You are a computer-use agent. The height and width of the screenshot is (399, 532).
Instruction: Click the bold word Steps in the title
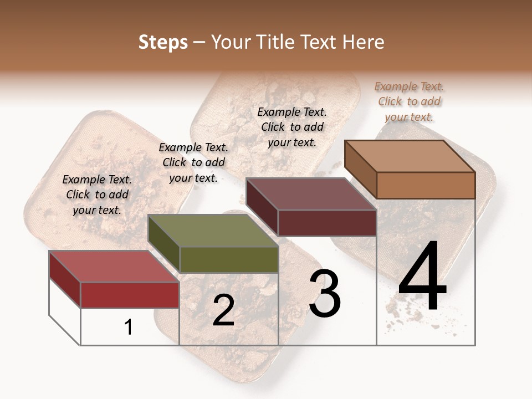click(x=163, y=42)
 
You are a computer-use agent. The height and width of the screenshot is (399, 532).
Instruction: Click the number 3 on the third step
click(x=324, y=294)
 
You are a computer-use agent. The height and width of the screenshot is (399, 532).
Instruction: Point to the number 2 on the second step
click(x=223, y=310)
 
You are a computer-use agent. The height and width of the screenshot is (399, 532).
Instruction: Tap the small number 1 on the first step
click(x=129, y=327)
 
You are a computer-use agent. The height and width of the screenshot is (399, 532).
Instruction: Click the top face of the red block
click(x=114, y=267)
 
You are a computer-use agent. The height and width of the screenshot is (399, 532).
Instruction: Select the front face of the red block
click(x=130, y=295)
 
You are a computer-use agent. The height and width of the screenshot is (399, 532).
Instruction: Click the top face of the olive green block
click(x=213, y=231)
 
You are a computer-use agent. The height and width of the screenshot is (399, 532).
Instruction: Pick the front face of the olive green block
click(x=229, y=259)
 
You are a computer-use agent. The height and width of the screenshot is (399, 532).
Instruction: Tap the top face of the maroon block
click(x=311, y=194)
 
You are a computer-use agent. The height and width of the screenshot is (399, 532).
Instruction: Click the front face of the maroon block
click(x=327, y=223)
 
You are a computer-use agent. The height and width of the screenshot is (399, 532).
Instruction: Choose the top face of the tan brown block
click(x=410, y=156)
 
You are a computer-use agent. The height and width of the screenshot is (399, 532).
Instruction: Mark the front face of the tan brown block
click(x=426, y=185)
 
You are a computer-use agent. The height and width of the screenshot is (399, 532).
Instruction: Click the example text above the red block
click(x=97, y=195)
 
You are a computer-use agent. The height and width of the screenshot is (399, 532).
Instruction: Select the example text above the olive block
click(x=193, y=162)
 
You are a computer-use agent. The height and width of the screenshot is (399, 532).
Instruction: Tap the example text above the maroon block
click(x=292, y=127)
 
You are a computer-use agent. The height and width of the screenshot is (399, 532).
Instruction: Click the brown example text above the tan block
click(x=409, y=101)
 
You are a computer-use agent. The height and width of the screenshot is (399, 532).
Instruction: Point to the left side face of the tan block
click(x=360, y=170)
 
